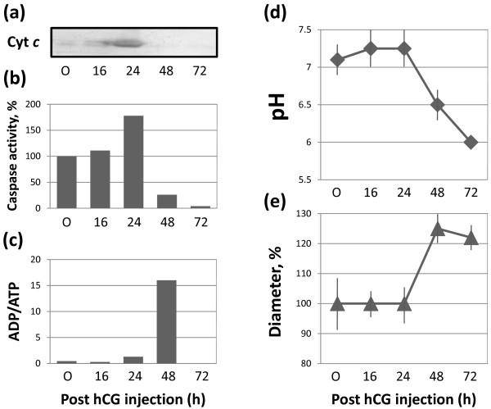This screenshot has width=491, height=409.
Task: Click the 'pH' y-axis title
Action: [271, 88]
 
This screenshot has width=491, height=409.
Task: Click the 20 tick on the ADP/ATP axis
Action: [38, 260]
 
